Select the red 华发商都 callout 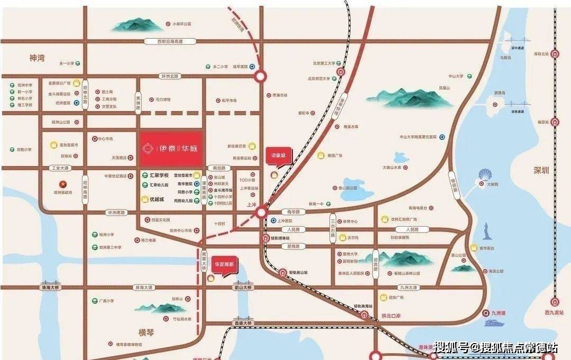point(225,263)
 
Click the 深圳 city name point(542,170)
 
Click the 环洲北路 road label point(170,76)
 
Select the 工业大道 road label point(60,168)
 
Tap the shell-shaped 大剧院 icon point(485,176)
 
